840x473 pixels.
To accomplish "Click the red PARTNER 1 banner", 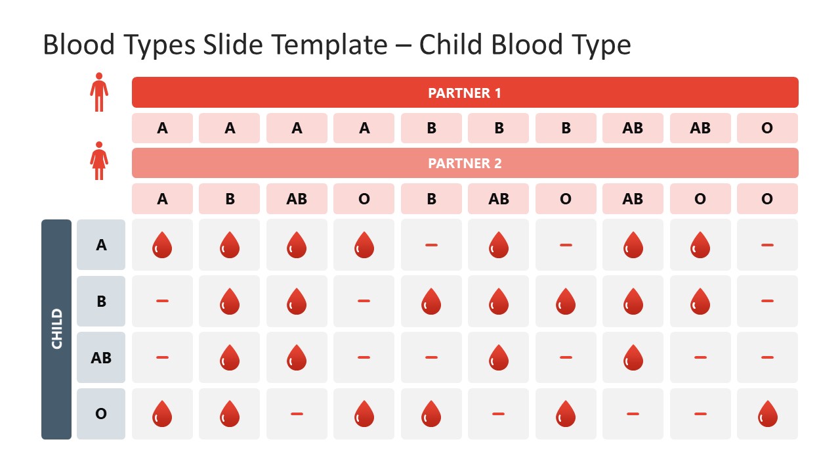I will (x=465, y=93).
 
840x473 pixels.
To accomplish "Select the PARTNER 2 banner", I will (x=465, y=163).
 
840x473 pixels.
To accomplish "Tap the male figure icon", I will (x=99, y=92).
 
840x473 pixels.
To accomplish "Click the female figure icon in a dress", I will (x=99, y=161).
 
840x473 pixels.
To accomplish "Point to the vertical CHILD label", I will (x=56, y=329).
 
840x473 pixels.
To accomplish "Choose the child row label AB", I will (x=101, y=358).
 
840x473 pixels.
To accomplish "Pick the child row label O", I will (x=101, y=414).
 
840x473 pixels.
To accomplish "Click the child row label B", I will (x=101, y=302).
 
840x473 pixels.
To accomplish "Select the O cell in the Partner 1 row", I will (x=767, y=128).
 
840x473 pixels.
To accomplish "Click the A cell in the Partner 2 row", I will (x=162, y=198).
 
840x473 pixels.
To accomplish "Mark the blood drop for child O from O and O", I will (x=767, y=415).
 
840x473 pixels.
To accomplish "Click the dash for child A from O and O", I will (x=767, y=245).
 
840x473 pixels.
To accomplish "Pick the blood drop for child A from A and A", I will (x=162, y=245).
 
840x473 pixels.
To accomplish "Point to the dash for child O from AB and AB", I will (x=633, y=414).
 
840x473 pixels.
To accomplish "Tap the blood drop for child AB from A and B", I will (x=230, y=358).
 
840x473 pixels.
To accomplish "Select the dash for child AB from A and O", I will (x=364, y=357).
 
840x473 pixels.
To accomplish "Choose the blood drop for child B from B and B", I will (x=431, y=302).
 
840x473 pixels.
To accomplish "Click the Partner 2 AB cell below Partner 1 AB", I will (x=633, y=198).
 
